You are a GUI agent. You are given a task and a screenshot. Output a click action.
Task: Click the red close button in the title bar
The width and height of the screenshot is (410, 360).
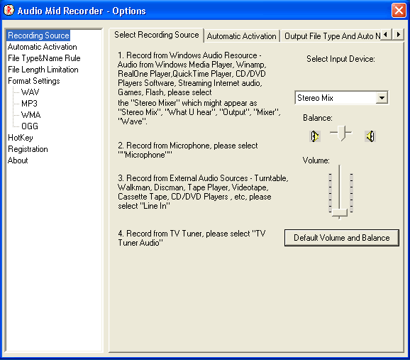pyautogui.click(x=399, y=11)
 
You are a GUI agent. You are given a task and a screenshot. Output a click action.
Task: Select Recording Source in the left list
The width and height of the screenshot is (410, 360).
pyautogui.click(x=38, y=36)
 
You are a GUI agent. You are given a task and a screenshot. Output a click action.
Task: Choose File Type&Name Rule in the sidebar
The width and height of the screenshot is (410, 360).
pyautogui.click(x=44, y=58)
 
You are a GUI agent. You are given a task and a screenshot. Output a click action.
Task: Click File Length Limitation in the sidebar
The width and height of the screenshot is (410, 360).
pyautogui.click(x=43, y=70)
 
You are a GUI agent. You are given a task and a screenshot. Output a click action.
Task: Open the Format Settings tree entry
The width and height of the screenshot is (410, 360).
pyautogui.click(x=34, y=81)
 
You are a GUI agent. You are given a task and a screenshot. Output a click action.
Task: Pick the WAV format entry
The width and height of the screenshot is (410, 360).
pyautogui.click(x=31, y=92)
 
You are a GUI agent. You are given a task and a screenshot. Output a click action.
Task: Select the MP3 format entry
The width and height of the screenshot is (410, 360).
pyautogui.click(x=29, y=104)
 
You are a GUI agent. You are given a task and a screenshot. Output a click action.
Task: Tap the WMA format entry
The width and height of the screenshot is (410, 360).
pyautogui.click(x=31, y=115)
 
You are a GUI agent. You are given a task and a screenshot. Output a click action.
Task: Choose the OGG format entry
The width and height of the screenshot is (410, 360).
pyautogui.click(x=30, y=126)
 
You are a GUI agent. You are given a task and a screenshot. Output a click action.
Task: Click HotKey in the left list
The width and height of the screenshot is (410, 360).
pyautogui.click(x=21, y=138)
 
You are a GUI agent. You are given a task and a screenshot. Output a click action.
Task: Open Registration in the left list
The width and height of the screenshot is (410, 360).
pyautogui.click(x=28, y=149)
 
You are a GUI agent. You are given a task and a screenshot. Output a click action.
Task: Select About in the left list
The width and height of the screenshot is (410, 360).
pyautogui.click(x=18, y=160)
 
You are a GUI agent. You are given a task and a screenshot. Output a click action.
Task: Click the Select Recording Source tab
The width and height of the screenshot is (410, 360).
pyautogui.click(x=156, y=35)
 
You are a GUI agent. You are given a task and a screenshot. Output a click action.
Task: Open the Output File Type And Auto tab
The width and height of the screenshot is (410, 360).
pyautogui.click(x=331, y=36)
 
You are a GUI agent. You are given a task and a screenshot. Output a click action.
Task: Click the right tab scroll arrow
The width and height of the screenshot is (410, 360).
pyautogui.click(x=399, y=34)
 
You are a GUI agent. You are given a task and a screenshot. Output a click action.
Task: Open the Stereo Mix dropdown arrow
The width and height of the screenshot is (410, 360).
pyautogui.click(x=382, y=98)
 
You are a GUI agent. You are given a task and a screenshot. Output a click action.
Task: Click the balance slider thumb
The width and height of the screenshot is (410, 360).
pyautogui.click(x=341, y=133)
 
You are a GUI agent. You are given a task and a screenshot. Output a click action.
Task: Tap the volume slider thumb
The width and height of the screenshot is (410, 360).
pyautogui.click(x=340, y=213)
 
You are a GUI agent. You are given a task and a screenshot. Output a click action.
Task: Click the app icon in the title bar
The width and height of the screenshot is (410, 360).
pyautogui.click(x=9, y=11)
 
